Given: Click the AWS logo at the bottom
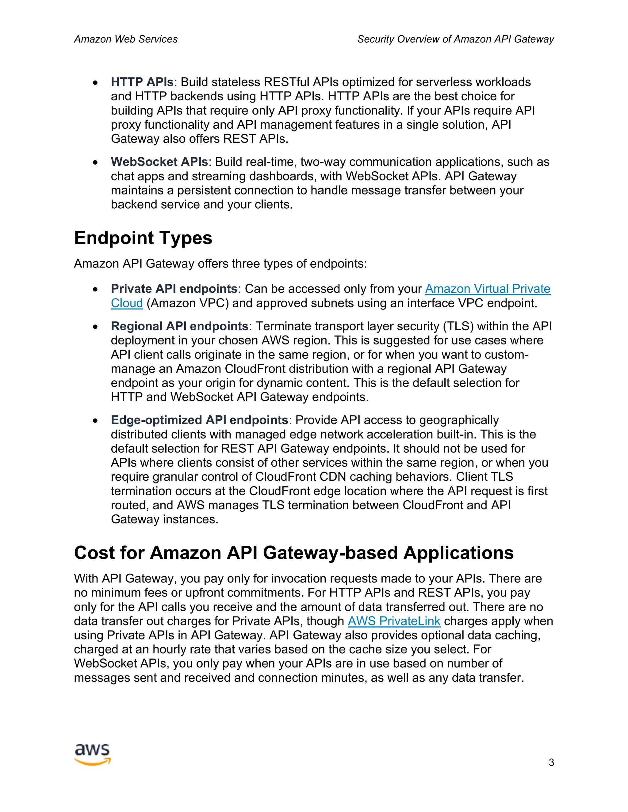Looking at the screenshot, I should click(x=92, y=754).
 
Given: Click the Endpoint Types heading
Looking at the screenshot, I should click(x=143, y=238).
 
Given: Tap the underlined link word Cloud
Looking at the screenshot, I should click(x=127, y=303).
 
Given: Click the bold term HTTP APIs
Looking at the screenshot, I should click(x=142, y=82).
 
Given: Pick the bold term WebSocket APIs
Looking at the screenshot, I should click(x=159, y=162).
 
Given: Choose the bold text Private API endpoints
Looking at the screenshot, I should click(x=174, y=289).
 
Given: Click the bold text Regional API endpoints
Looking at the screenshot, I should click(x=179, y=326).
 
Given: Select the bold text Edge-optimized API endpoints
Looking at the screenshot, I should click(x=199, y=420).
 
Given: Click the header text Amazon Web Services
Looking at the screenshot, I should click(x=126, y=39).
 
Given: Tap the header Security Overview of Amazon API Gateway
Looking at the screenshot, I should click(x=455, y=39).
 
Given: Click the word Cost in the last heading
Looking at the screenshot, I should click(x=94, y=553).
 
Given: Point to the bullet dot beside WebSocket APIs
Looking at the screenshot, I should click(x=96, y=162).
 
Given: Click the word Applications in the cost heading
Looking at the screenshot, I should click(x=458, y=553).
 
